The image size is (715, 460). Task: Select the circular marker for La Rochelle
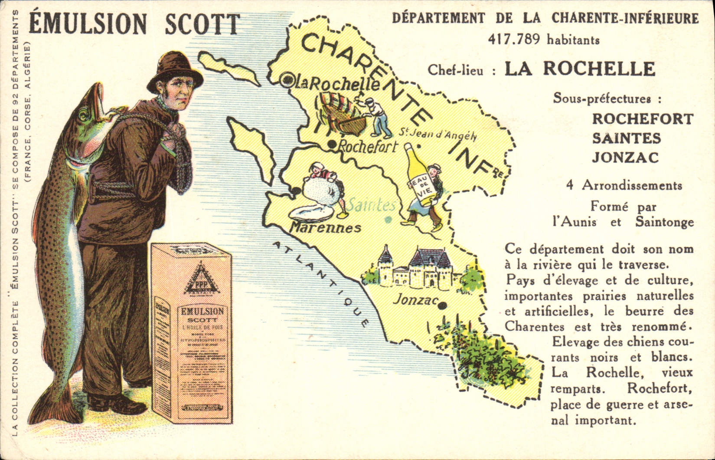[286, 80]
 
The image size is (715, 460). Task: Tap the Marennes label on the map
[325, 227]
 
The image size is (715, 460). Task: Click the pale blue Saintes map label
[372, 205]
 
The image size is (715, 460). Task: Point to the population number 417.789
[514, 39]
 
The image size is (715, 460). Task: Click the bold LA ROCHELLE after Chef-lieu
[580, 69]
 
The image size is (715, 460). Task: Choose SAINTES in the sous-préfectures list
[626, 138]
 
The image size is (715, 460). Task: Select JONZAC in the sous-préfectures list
[625, 157]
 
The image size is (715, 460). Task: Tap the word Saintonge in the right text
[664, 222]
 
